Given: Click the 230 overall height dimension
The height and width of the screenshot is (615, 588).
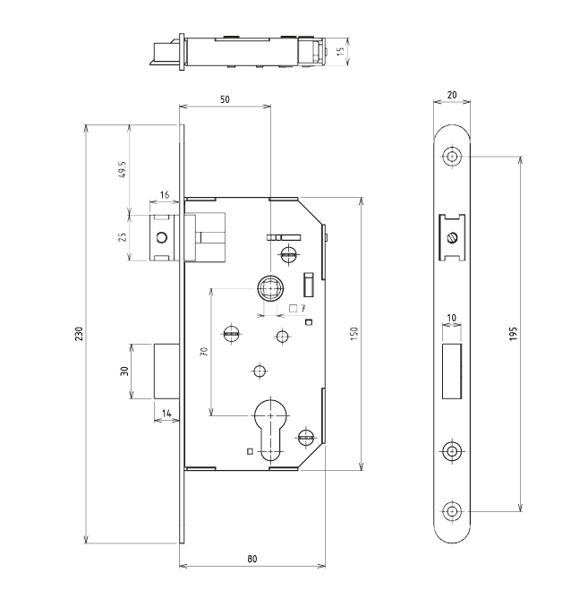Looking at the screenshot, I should pyautogui.click(x=79, y=333).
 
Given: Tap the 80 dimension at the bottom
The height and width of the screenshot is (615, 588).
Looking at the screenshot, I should pyautogui.click(x=252, y=558).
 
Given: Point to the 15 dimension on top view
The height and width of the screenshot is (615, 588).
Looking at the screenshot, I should pyautogui.click(x=341, y=52).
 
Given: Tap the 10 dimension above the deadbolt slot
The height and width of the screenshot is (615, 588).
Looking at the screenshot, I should pyautogui.click(x=452, y=318).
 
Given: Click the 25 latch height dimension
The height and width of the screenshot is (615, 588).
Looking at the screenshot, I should pyautogui.click(x=121, y=237).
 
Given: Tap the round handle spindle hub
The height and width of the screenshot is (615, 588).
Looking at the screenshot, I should pyautogui.click(x=268, y=288).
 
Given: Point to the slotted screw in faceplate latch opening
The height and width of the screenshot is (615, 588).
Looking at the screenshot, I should pyautogui.click(x=453, y=238).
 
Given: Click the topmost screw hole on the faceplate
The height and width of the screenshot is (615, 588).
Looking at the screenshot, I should pyautogui.click(x=452, y=157).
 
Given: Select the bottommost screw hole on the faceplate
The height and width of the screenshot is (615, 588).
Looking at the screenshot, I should pyautogui.click(x=452, y=511).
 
